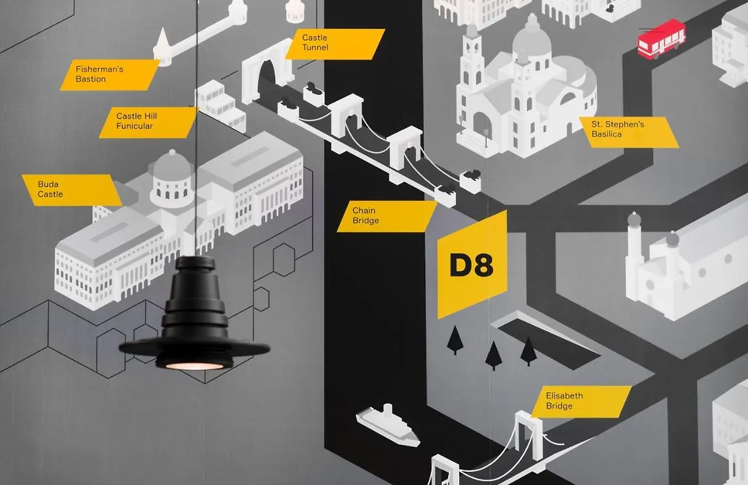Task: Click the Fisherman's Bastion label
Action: [x=109, y=74]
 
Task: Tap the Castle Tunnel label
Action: [x=335, y=44]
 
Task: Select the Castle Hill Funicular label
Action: [x=148, y=122]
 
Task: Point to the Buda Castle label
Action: [x=71, y=190]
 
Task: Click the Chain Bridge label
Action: [x=387, y=216]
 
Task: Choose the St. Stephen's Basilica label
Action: [x=629, y=132]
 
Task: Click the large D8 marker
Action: [x=472, y=265]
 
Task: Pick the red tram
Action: [x=661, y=39]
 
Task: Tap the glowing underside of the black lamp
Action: [x=195, y=366]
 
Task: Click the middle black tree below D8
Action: [x=493, y=355]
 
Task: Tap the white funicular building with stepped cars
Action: [x=220, y=105]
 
